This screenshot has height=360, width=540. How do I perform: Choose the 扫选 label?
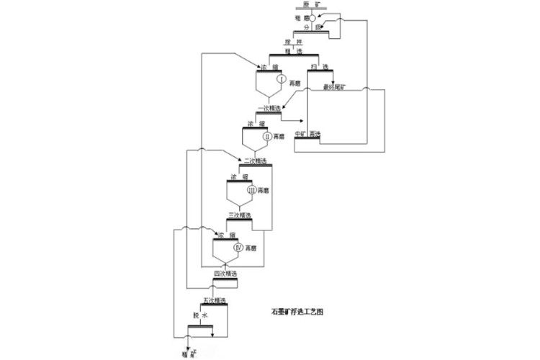[x=316, y=67]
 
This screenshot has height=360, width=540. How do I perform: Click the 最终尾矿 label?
[x=335, y=86]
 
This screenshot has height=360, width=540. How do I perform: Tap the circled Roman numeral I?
[x=281, y=78]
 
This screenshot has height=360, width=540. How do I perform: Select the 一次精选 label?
[x=268, y=109]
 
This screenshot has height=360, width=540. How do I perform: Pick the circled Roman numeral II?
[x=266, y=135]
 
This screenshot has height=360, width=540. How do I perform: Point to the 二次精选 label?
[x=255, y=160]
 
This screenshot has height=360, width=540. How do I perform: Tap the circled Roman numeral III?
[x=252, y=190]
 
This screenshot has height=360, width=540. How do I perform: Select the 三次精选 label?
[x=239, y=215]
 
